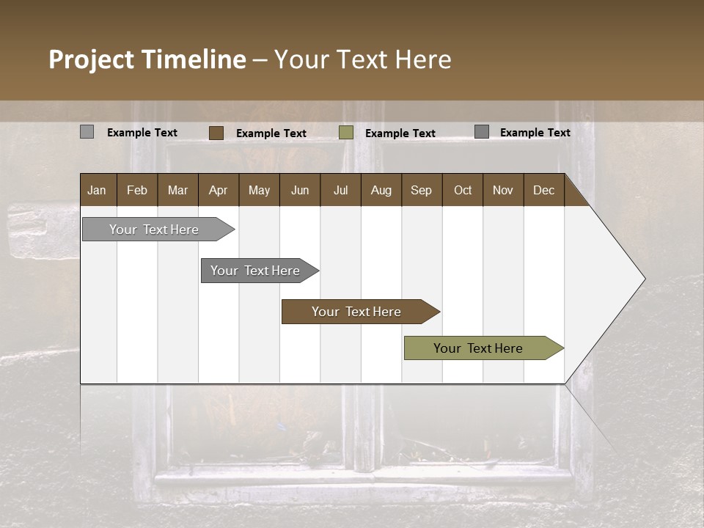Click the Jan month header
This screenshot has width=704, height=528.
point(97,190)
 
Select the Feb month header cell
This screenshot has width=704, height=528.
point(137,190)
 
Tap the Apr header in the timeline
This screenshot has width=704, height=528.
point(219,190)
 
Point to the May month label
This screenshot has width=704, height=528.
point(259,190)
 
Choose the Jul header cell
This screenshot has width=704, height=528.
point(340,190)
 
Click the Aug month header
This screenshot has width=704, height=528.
point(381,190)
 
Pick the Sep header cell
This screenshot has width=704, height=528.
point(422,190)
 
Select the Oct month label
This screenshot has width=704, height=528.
point(463,190)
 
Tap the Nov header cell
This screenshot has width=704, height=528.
point(503,190)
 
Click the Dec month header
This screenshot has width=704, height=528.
point(544,190)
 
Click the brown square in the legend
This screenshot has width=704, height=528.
point(216,133)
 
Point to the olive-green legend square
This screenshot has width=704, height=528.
point(346,133)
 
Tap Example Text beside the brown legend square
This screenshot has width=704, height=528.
point(271,133)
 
